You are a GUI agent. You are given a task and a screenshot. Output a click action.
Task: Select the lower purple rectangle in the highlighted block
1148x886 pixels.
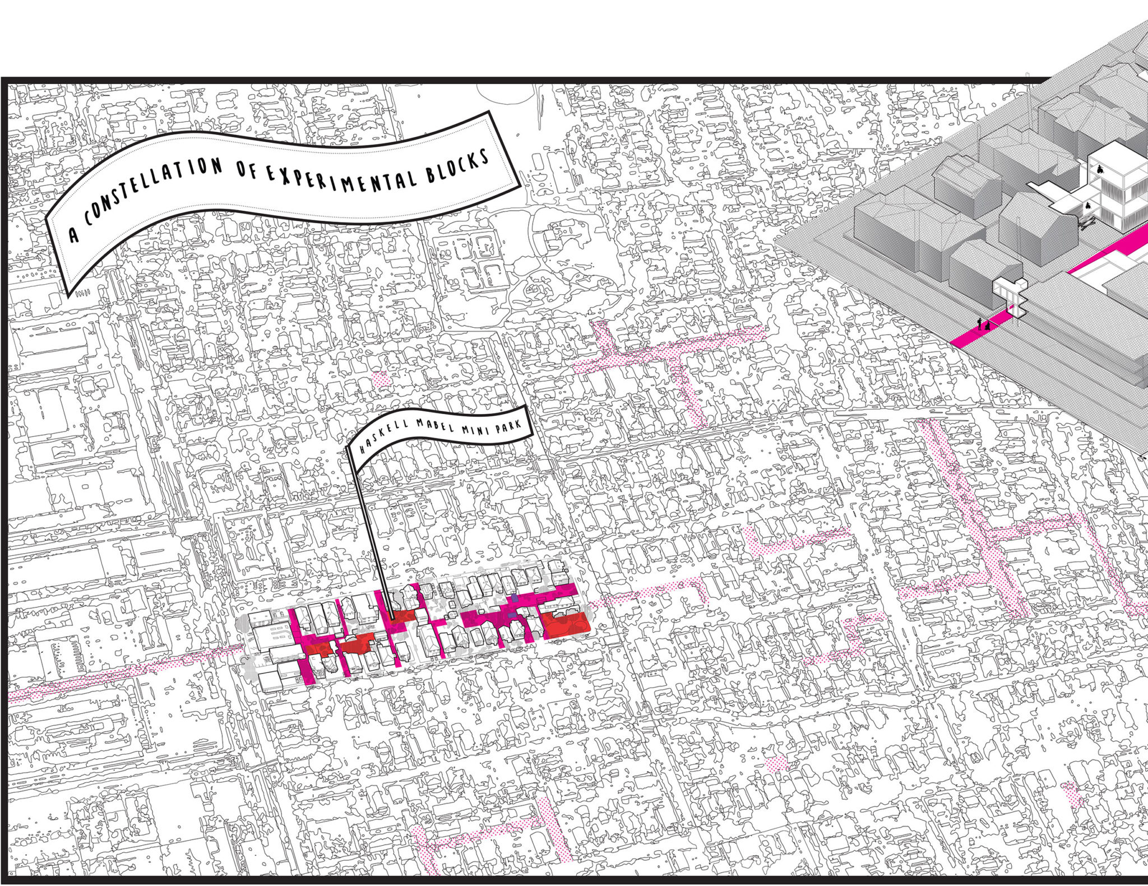click(512, 615)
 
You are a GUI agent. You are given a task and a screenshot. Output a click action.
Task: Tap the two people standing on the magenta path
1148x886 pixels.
click(983, 324)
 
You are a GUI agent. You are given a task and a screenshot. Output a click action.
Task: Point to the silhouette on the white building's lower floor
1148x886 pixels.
click(1088, 206)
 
